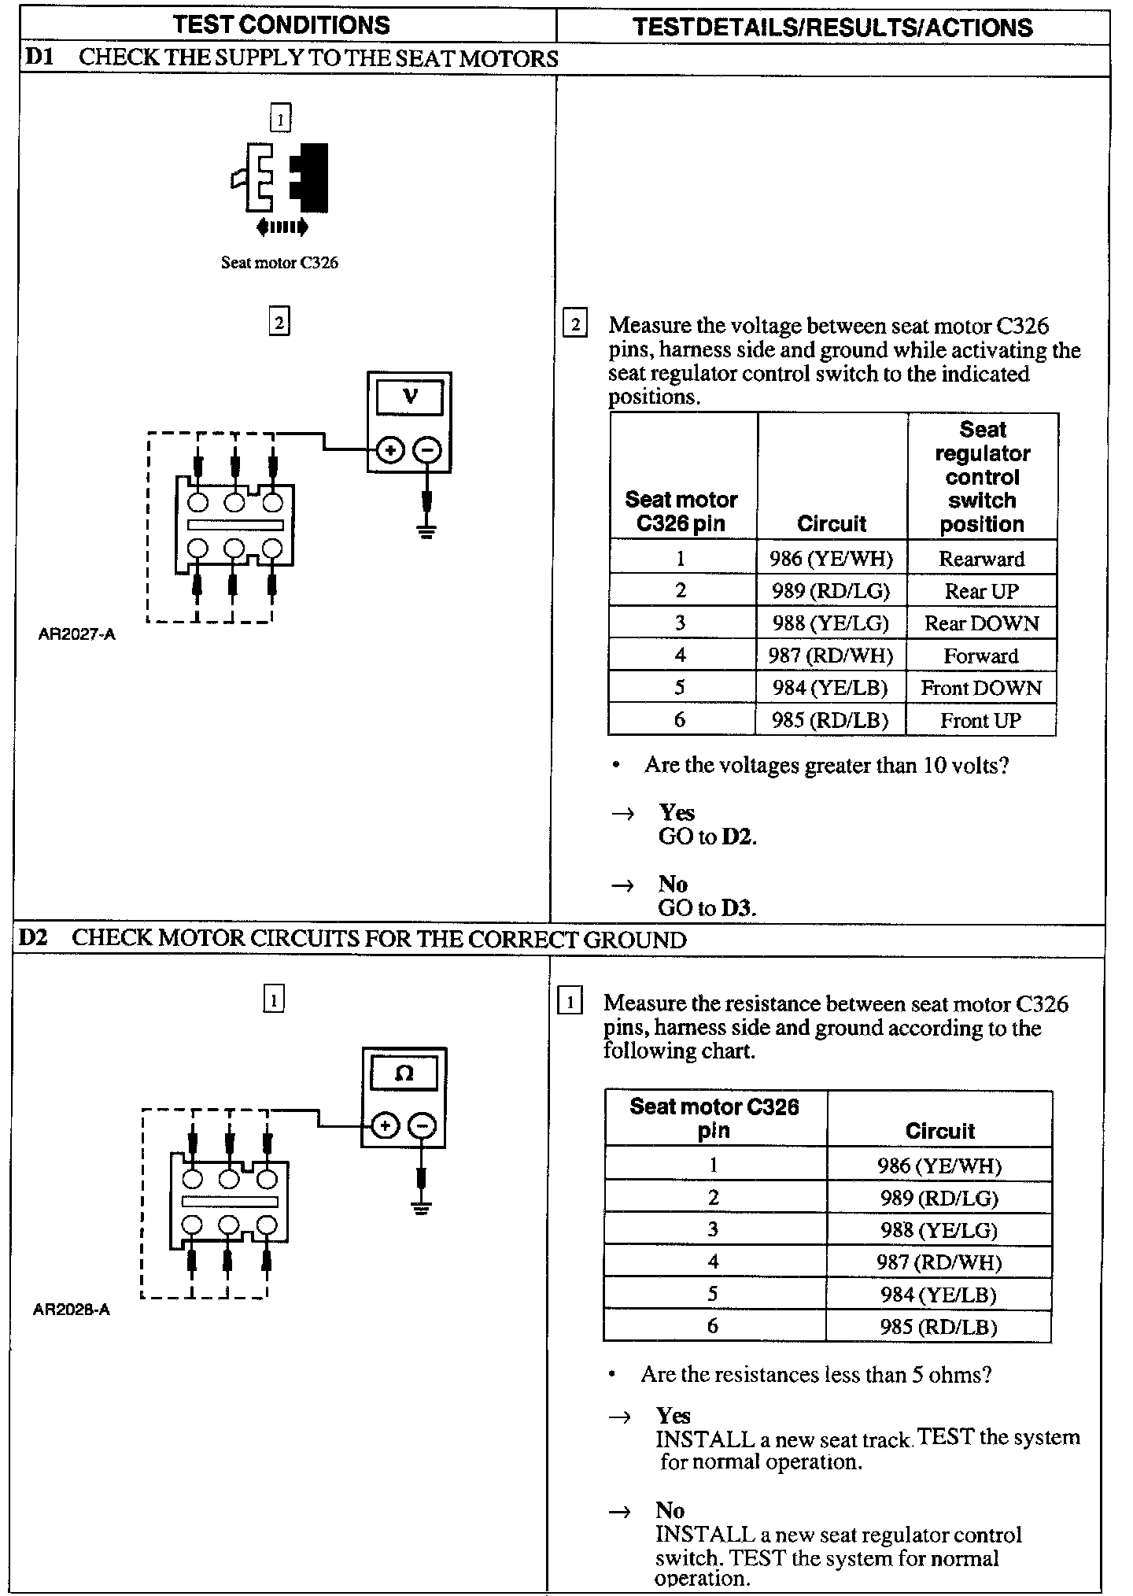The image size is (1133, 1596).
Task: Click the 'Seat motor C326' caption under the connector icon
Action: tap(279, 263)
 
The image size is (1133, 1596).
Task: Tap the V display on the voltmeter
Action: tap(409, 397)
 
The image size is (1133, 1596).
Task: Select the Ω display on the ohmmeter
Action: tap(404, 1073)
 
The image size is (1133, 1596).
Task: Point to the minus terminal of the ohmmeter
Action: tap(423, 1126)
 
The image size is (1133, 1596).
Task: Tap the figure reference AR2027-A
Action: tap(76, 634)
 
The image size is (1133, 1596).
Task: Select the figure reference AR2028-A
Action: tap(72, 1310)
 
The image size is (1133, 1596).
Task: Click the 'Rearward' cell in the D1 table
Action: tap(981, 559)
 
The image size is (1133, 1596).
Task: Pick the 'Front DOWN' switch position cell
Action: tap(981, 688)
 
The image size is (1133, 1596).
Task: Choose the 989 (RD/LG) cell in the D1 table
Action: tap(831, 591)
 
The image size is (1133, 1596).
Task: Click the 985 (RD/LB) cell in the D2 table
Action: tap(939, 1327)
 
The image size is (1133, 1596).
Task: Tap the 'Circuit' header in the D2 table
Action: tap(939, 1131)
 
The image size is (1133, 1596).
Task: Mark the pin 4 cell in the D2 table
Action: tap(714, 1262)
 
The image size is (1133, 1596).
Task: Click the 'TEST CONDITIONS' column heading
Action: tap(282, 25)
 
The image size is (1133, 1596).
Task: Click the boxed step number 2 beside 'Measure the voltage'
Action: tap(575, 325)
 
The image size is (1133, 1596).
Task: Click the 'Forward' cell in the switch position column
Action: tap(981, 656)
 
